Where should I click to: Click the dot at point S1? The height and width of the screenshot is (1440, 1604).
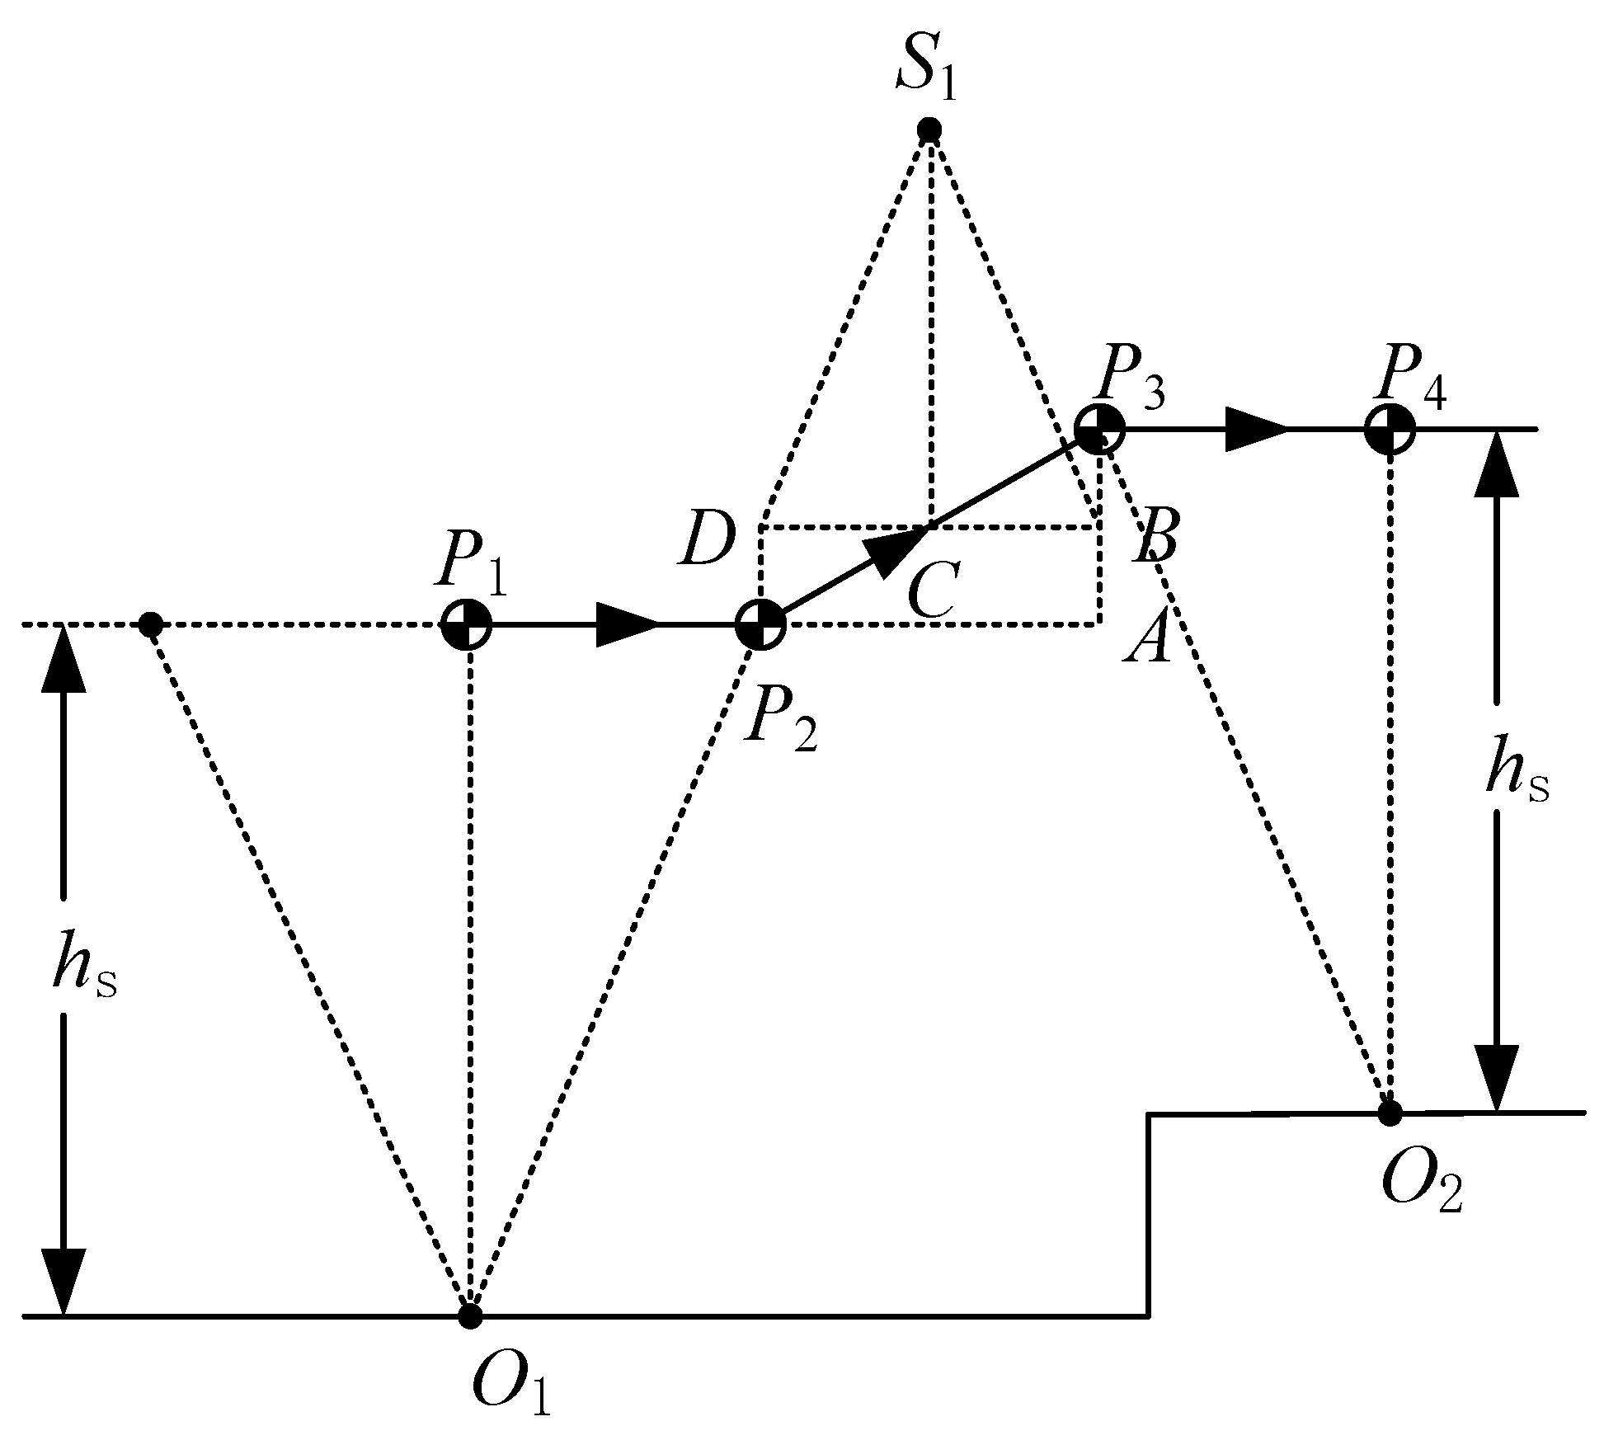point(929,129)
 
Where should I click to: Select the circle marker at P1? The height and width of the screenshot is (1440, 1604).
point(467,625)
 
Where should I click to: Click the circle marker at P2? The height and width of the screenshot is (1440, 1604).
point(760,625)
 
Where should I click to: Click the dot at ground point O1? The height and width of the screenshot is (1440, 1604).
point(469,1316)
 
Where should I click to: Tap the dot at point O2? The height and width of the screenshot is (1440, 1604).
point(1390,1113)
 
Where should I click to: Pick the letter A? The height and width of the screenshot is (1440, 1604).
point(1147,638)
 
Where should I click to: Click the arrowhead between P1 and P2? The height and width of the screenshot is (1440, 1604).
point(627,625)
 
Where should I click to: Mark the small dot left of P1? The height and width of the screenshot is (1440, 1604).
point(149,624)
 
